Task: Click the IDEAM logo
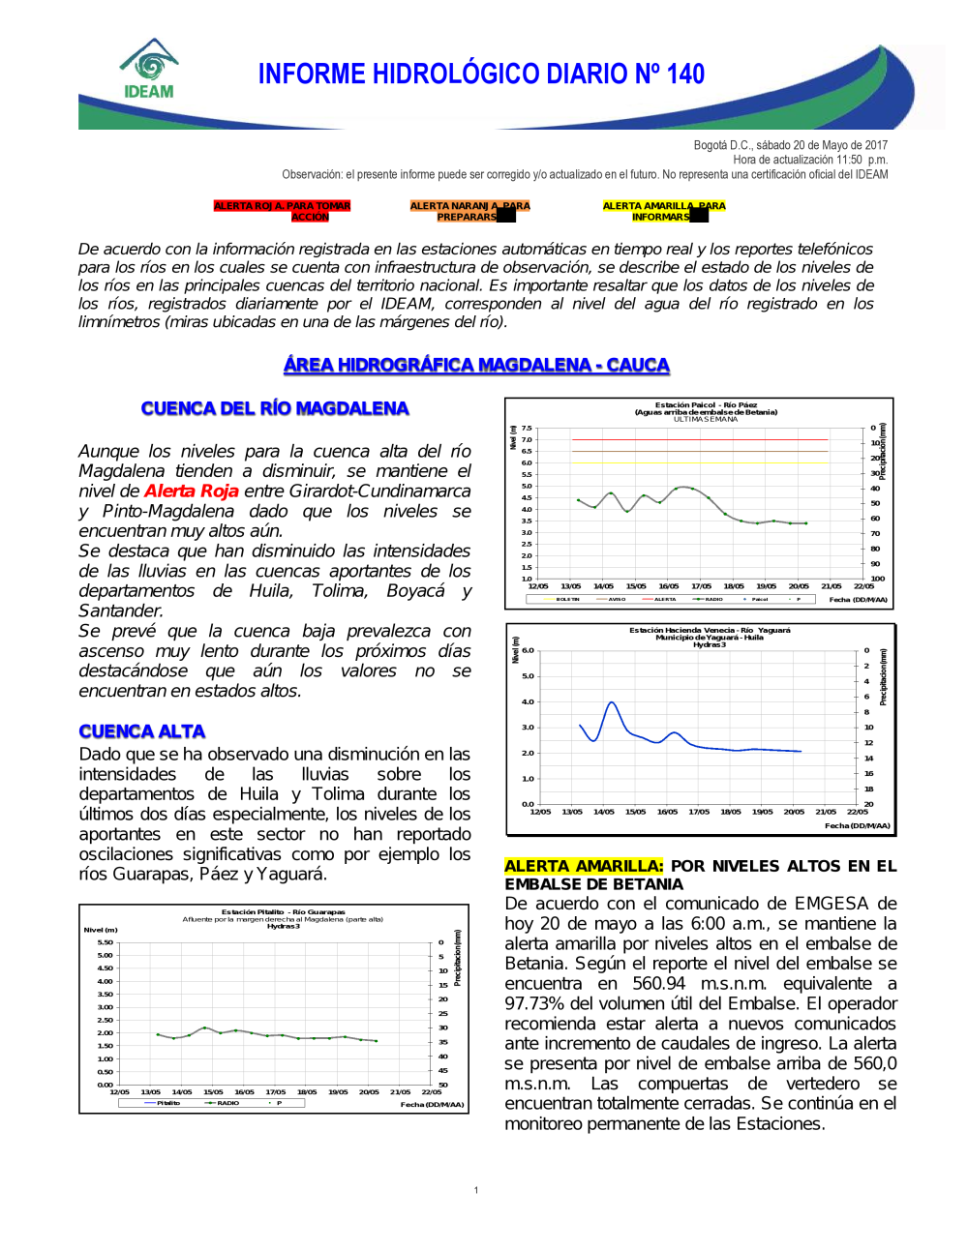[x=149, y=70]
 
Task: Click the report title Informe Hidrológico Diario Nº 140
[x=481, y=74]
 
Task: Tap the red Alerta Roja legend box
[x=282, y=211]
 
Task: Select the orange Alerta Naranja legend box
[x=469, y=211]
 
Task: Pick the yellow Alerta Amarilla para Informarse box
[x=663, y=211]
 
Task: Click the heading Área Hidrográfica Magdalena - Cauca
[x=476, y=365]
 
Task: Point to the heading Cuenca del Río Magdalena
[x=275, y=408]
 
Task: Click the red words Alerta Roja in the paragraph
[x=191, y=491]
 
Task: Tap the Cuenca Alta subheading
[x=142, y=731]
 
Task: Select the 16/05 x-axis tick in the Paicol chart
[x=668, y=586]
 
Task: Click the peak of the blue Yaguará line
[x=612, y=702]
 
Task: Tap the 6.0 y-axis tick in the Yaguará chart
[x=528, y=650]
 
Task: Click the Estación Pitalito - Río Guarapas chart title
[x=283, y=911]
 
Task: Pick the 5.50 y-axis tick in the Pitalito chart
[x=105, y=942]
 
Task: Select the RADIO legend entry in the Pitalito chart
[x=227, y=1103]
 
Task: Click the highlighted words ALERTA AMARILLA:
[x=584, y=866]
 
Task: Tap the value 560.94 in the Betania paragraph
[x=658, y=983]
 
